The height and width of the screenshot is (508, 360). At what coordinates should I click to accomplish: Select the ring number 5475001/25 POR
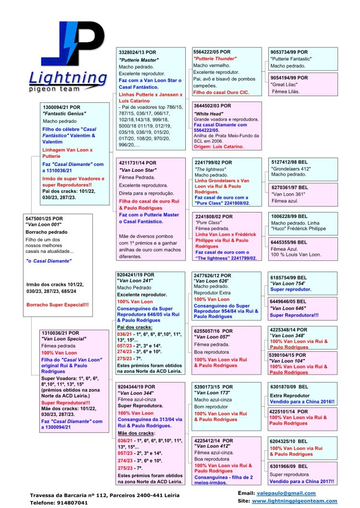click(46, 218)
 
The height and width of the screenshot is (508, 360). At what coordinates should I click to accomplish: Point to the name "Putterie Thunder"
click(215, 59)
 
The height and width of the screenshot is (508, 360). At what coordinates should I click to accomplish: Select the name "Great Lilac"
click(285, 84)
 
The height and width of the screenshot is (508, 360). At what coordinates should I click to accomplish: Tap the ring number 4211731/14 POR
click(137, 163)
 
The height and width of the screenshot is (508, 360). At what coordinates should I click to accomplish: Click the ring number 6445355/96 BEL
click(289, 242)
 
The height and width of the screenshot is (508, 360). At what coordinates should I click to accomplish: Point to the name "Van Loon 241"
click(136, 281)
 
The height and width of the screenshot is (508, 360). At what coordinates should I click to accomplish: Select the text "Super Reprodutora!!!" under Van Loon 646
click(294, 315)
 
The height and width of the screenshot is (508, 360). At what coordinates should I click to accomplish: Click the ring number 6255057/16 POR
click(214, 331)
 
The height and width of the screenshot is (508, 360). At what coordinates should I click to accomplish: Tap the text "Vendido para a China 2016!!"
click(302, 402)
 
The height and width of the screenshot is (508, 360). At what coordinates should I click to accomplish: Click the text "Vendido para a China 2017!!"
click(302, 481)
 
